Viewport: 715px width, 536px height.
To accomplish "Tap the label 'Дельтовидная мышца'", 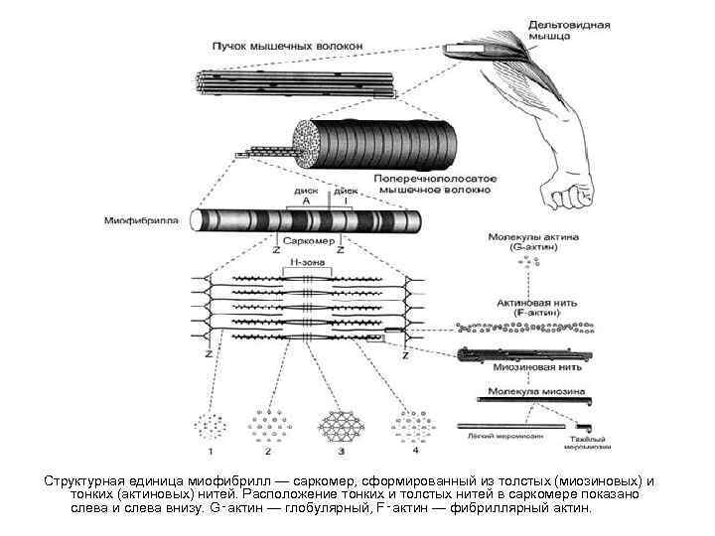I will [569, 30].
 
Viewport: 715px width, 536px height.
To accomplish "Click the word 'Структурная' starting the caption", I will [85, 480].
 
